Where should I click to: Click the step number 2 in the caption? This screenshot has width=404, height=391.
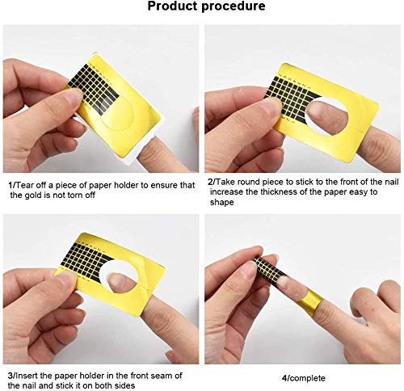(210, 183)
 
